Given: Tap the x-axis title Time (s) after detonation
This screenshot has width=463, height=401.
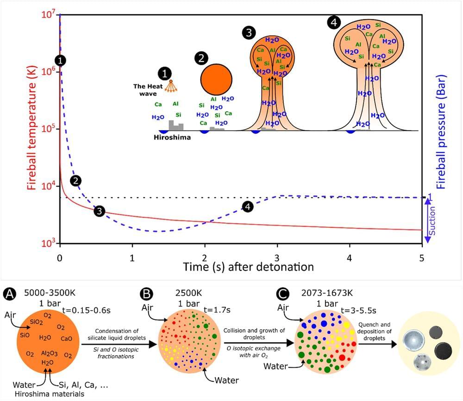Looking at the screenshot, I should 249,267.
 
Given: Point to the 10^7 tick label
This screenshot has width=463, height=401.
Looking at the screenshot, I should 47,15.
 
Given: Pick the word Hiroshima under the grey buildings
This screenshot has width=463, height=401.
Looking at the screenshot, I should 173,137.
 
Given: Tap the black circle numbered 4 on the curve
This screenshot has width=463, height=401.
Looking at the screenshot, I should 248,207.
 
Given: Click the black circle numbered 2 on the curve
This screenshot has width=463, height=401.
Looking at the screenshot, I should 76,181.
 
